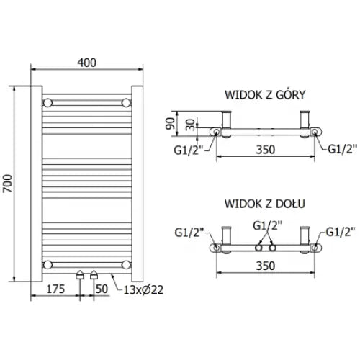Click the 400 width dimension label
point(86,63)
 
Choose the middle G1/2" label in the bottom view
point(266,225)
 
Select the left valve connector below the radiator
point(79,275)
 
